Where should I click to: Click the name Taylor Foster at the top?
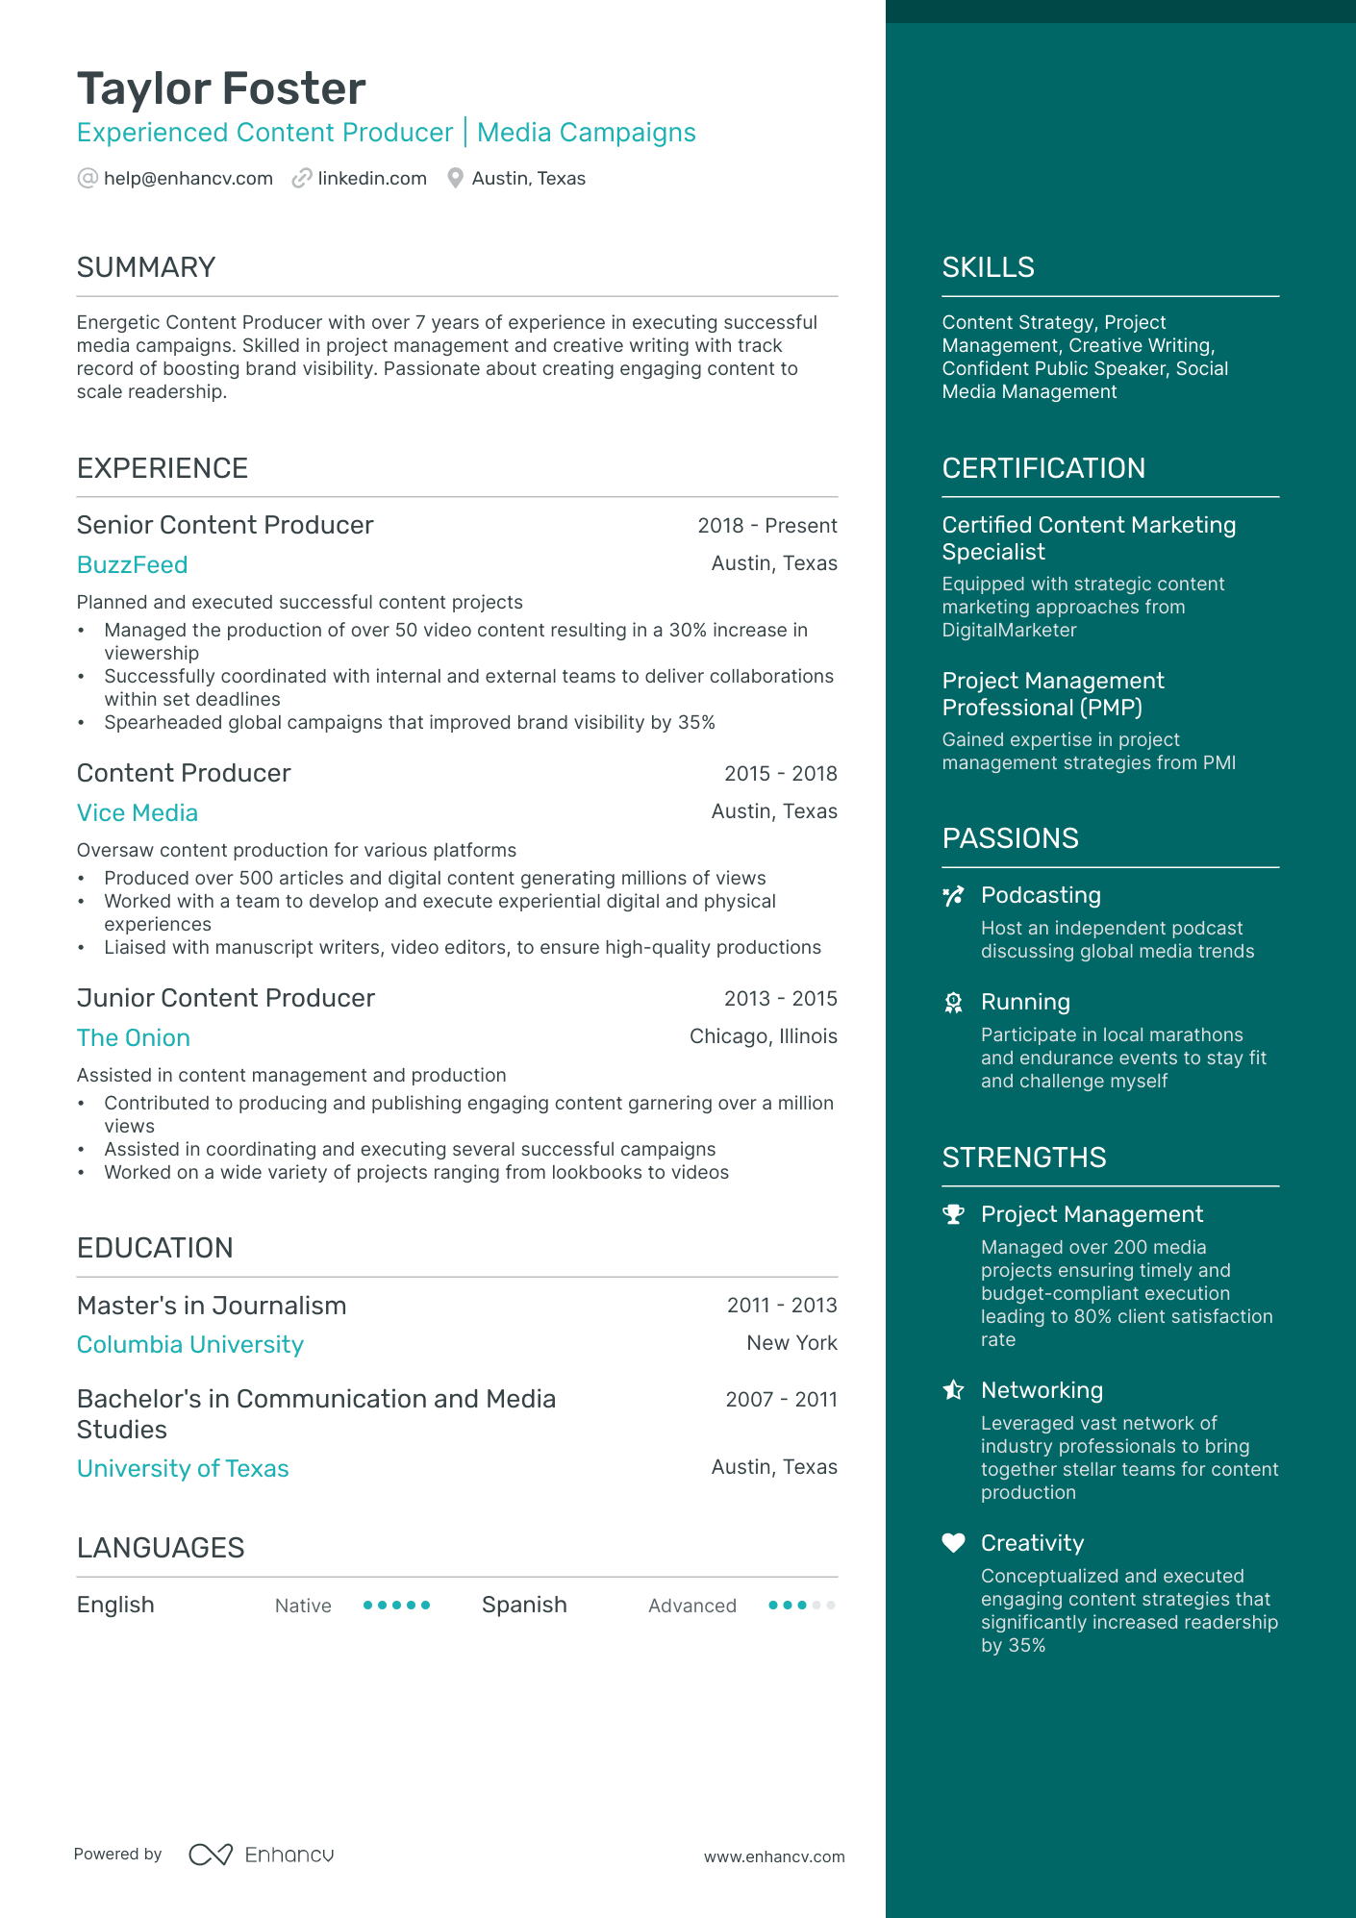[221, 88]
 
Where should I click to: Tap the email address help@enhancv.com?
[188, 179]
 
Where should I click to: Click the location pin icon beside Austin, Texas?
[456, 179]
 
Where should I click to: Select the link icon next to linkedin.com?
[302, 179]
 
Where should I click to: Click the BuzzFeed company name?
[132, 565]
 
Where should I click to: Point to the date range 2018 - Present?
[766, 526]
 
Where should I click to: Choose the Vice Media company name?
[137, 813]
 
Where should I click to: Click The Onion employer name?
[133, 1038]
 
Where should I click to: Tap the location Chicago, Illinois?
[763, 1036]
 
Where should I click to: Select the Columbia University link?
[189, 1345]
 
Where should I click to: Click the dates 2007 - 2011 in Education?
[781, 1400]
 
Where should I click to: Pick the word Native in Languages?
[303, 1606]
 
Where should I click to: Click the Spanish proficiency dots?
[801, 1606]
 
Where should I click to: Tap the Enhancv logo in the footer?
[262, 1855]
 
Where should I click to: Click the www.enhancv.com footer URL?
[773, 1857]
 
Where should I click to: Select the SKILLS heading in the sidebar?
[988, 267]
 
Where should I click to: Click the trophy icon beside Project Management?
[953, 1214]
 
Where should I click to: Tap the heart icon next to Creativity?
[953, 1543]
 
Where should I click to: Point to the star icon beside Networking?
[953, 1390]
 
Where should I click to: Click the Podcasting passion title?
[1041, 895]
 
